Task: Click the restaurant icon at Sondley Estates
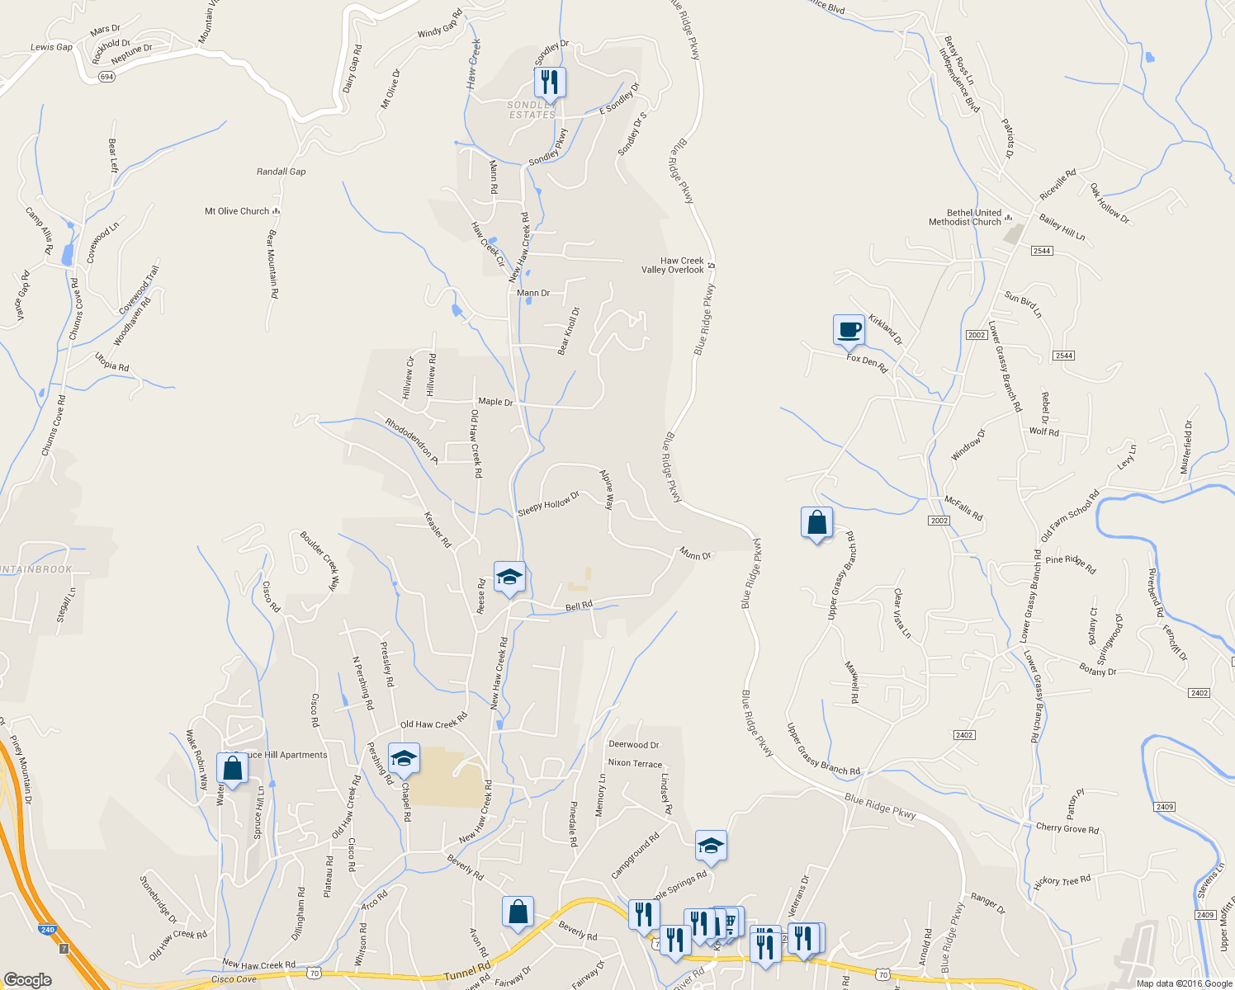549,82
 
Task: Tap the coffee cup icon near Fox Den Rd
849,330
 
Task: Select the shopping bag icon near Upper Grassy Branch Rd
816,523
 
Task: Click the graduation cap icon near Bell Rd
509,577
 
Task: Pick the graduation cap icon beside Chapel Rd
404,759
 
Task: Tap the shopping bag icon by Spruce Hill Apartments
232,768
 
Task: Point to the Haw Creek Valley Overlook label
674,265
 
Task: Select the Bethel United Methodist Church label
965,217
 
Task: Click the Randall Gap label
281,172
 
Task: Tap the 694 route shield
106,77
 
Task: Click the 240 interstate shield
47,930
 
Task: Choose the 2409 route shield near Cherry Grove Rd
1165,806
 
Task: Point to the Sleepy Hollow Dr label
548,504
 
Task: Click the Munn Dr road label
695,554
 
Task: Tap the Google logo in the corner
27,979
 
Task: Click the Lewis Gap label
51,47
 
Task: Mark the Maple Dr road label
495,402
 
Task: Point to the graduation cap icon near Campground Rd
711,846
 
